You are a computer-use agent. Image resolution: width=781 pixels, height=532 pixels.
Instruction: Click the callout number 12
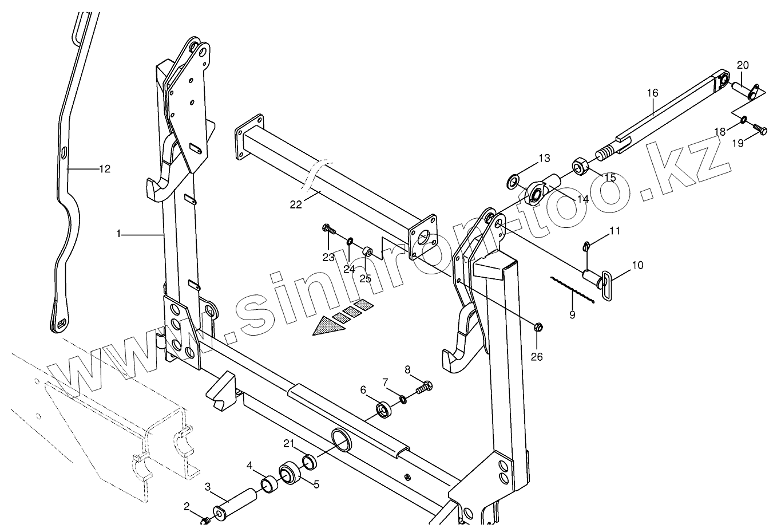point(104,169)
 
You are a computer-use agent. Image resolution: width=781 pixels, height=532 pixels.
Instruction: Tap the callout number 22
point(295,205)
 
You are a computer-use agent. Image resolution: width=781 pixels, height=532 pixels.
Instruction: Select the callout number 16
point(653,93)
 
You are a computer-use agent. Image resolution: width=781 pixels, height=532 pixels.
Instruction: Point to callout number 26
point(537,357)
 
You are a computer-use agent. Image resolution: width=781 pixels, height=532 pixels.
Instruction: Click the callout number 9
point(572,314)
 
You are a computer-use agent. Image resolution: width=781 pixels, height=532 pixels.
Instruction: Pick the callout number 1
point(118,234)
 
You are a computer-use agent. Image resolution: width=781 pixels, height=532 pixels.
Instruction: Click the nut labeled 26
point(538,328)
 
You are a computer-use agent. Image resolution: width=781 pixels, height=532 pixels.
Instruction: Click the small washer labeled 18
point(743,120)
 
